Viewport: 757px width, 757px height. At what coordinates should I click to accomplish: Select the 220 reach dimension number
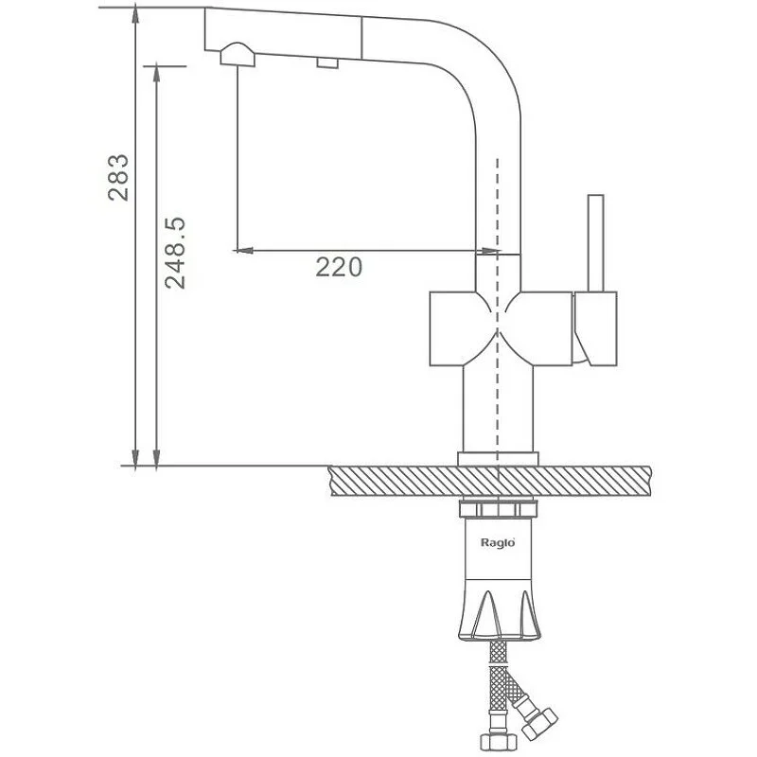click(339, 268)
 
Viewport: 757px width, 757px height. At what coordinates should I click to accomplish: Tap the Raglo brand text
click(496, 545)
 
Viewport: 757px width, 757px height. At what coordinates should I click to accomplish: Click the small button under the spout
click(327, 63)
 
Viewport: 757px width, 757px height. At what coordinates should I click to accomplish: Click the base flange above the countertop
click(498, 459)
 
